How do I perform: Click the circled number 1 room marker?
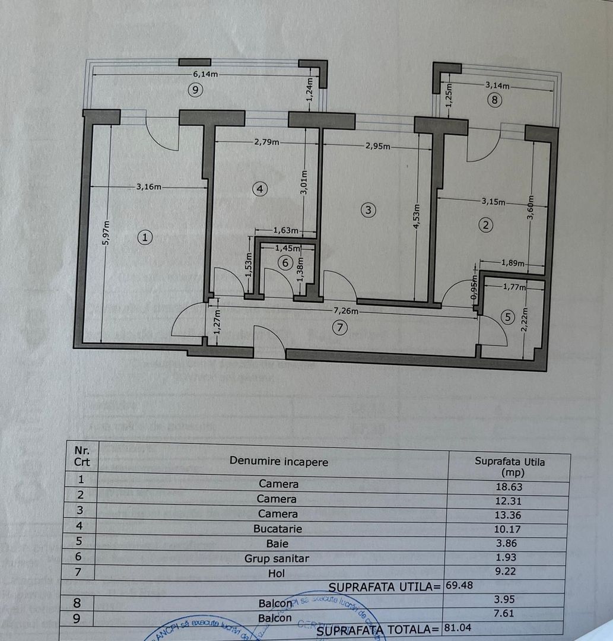[x=145, y=237]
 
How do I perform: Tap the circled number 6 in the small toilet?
[x=285, y=262]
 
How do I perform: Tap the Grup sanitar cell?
[x=277, y=558]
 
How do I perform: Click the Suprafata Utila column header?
[x=510, y=467]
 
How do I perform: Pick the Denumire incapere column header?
[x=278, y=461]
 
